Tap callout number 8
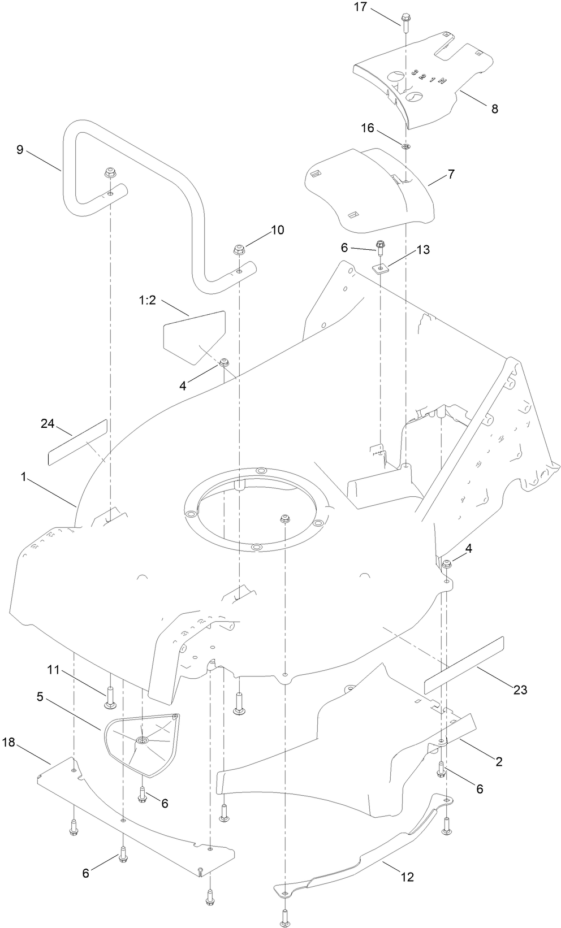[494, 109]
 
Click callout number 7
[450, 175]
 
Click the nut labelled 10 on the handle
[239, 249]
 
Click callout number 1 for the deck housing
[24, 477]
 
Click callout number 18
[10, 742]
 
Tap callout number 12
[407, 877]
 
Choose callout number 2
[499, 761]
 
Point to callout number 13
[422, 250]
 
